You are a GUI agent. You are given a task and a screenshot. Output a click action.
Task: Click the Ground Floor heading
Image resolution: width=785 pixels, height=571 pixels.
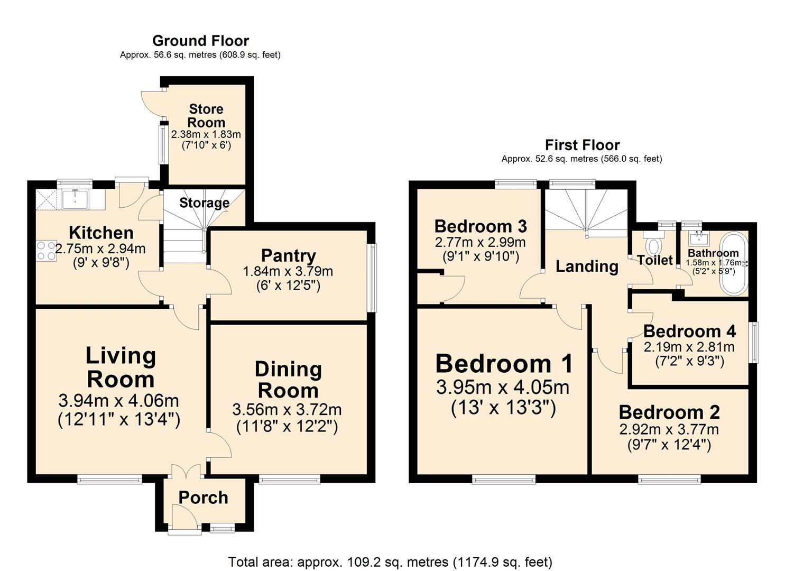[x=200, y=41]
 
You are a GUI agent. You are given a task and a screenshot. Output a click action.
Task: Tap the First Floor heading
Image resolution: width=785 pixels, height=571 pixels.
[x=582, y=145]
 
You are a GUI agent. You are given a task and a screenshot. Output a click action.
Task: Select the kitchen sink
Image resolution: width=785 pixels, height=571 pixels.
[x=75, y=199]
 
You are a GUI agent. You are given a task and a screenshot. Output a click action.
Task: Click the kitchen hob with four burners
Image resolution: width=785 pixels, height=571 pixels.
[x=46, y=250]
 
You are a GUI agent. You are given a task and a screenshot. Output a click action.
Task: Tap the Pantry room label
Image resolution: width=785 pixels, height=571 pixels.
[x=289, y=256]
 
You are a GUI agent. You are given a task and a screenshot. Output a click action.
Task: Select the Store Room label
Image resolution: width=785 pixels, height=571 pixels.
[x=206, y=116]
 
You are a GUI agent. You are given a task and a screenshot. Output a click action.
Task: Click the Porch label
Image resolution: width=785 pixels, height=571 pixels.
[x=203, y=498]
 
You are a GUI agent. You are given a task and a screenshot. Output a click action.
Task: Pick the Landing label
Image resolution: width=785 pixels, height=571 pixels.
[x=587, y=266]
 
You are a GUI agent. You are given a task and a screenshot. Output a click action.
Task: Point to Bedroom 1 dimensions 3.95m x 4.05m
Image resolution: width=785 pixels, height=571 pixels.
[x=503, y=388]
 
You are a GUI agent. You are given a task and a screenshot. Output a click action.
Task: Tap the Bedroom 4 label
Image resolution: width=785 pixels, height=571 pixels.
[x=689, y=331]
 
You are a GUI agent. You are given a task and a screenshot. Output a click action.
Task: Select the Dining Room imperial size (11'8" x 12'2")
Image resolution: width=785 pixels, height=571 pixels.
[x=287, y=426]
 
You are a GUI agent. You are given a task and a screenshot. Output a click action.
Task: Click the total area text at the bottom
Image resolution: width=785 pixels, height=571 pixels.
[x=390, y=561]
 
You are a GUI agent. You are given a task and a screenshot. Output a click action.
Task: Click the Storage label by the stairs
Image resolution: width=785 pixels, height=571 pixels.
[x=204, y=203]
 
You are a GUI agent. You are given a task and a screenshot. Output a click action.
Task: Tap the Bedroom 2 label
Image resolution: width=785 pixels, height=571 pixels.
[x=669, y=412]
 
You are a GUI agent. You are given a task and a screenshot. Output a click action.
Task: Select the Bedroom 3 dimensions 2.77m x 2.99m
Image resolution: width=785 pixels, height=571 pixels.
[x=480, y=243]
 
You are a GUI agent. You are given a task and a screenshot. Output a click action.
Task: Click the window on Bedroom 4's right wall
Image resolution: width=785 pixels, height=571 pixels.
[x=754, y=342]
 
